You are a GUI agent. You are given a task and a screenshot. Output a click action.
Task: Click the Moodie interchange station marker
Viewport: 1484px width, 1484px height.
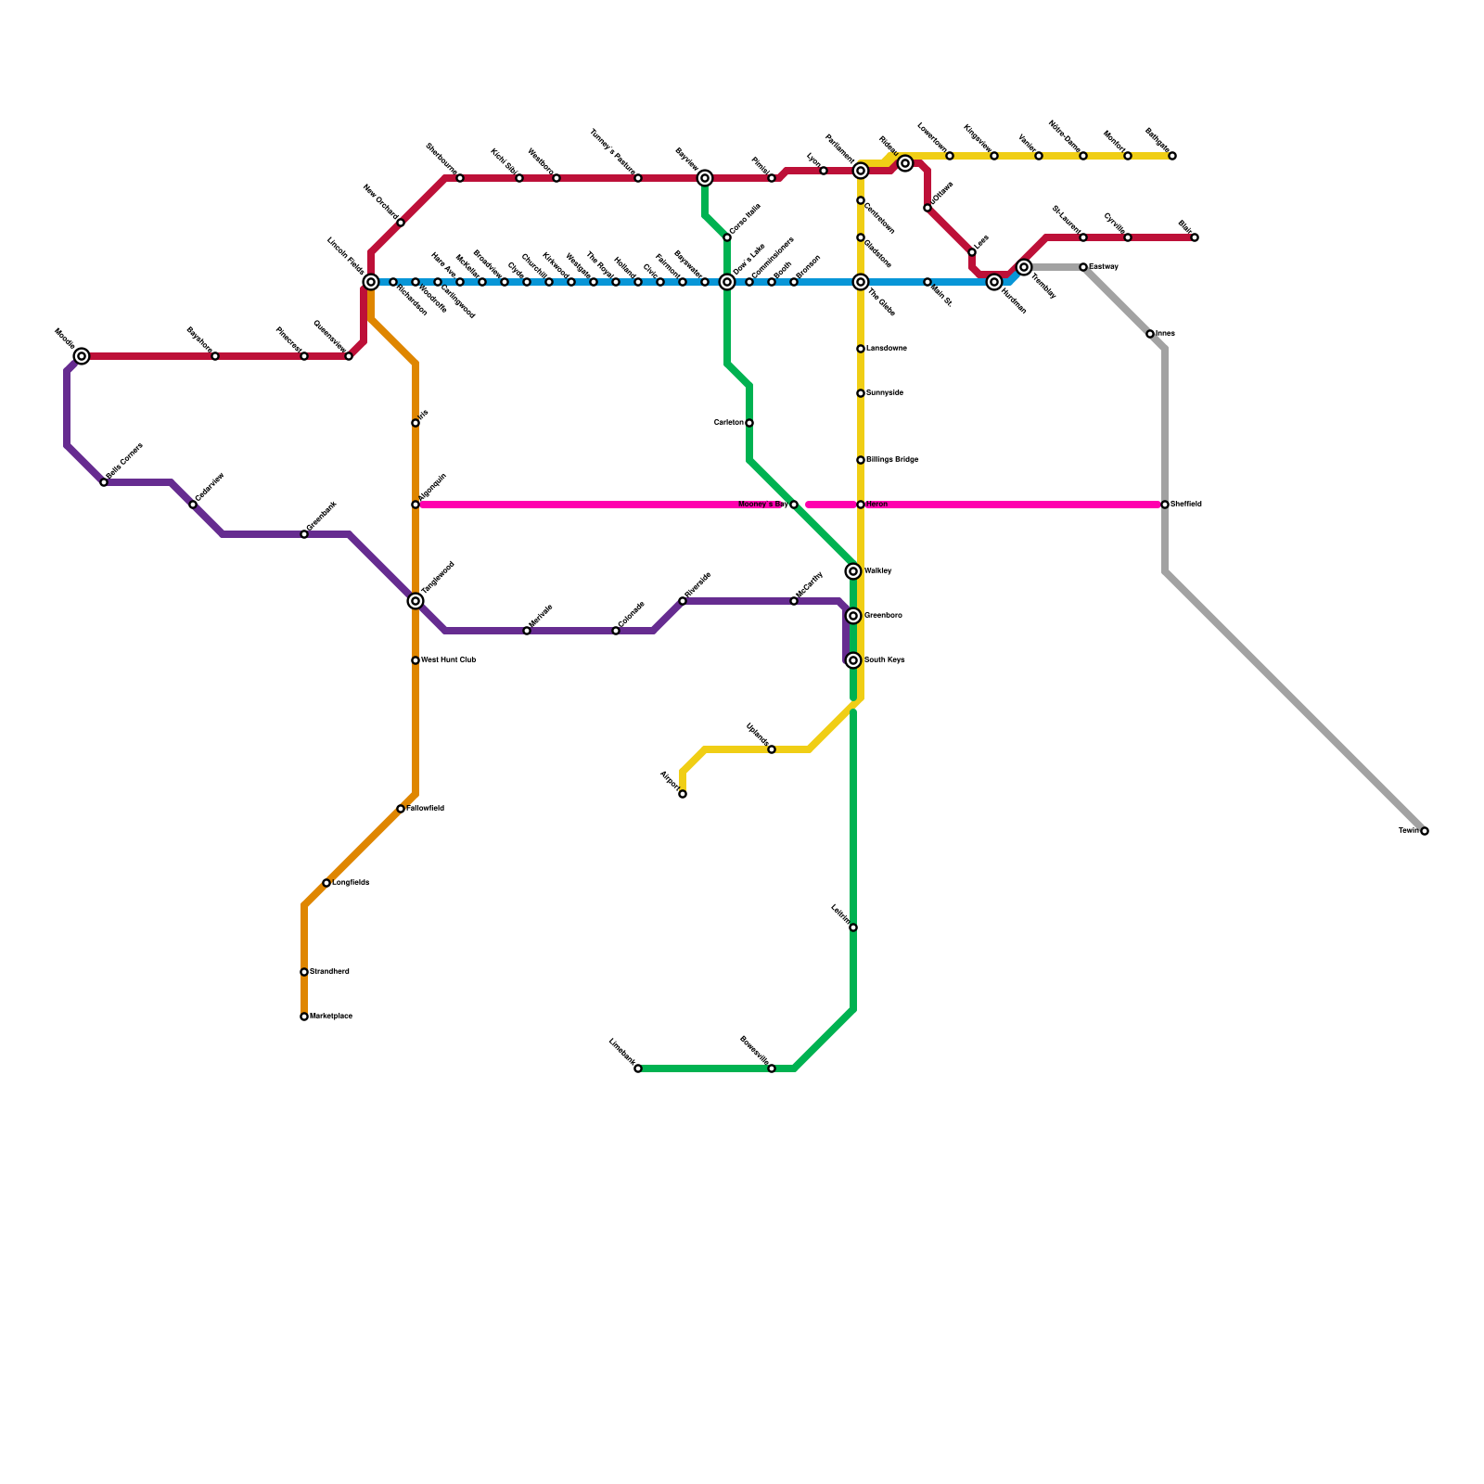click(82, 356)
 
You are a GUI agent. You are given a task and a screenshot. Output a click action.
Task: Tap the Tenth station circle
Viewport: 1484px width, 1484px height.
click(1425, 831)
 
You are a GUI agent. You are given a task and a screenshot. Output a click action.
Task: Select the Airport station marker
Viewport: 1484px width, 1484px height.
click(683, 794)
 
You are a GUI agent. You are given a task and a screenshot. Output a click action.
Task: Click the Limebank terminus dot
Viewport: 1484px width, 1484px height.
click(638, 1068)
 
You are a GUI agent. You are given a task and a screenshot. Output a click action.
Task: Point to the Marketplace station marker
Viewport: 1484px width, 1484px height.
click(304, 1017)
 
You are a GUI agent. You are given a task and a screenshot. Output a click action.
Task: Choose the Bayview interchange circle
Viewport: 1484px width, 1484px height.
click(705, 178)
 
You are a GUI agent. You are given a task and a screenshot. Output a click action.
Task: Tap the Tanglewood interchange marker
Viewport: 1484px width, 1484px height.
click(416, 601)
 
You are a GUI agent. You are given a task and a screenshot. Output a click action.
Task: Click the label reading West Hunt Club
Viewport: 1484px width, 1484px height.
click(449, 660)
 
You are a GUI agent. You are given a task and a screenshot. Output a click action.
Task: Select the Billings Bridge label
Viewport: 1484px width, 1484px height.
click(892, 460)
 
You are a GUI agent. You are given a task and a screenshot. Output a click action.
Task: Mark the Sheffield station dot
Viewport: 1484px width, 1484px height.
click(1165, 505)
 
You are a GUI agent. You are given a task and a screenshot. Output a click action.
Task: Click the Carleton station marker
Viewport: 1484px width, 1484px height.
click(749, 423)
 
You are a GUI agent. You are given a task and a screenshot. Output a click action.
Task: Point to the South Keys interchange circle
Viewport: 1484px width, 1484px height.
click(853, 660)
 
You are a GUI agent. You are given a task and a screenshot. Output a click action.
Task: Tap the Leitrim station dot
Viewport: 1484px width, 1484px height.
click(853, 927)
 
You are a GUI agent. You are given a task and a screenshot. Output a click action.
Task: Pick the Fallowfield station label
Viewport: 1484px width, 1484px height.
click(426, 809)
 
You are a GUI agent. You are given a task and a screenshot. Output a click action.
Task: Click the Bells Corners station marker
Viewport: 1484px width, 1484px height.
click(104, 482)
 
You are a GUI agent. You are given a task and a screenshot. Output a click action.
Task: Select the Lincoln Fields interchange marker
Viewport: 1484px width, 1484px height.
click(371, 282)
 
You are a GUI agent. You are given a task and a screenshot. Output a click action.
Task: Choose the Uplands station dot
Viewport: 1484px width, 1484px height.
click(772, 749)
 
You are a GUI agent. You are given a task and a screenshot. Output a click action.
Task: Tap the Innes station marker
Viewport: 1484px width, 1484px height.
click(1150, 334)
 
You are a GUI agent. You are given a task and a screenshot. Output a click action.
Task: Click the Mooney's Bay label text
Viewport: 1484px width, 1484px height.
click(762, 505)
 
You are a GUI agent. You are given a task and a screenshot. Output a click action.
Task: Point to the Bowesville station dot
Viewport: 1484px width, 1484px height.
click(772, 1068)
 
